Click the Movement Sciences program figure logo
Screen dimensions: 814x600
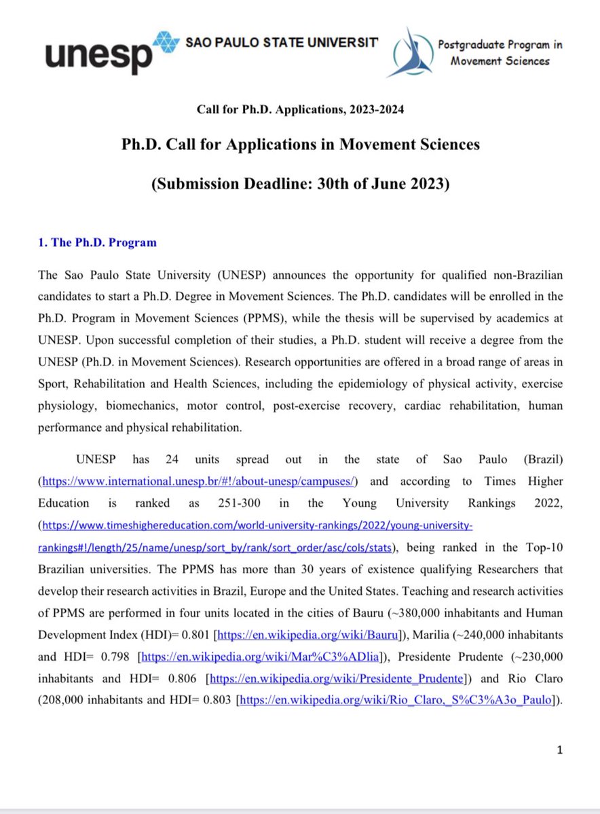coord(409,52)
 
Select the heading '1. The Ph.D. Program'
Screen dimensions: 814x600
coord(97,242)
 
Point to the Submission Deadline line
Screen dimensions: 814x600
coord(300,185)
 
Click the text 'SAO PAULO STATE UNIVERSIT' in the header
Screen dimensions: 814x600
coord(281,42)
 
